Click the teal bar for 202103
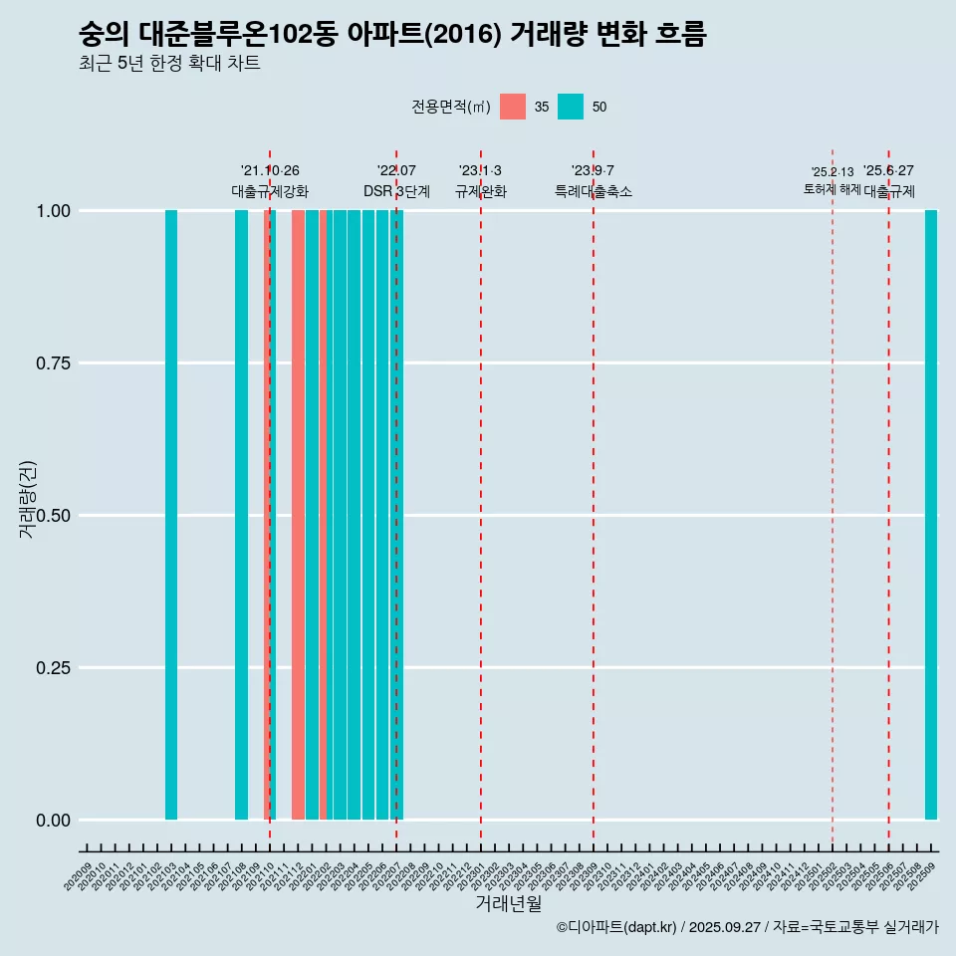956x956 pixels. pos(171,515)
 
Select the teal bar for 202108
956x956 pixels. pos(241,515)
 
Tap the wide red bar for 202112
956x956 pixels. pos(298,515)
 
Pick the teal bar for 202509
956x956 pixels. pos(931,515)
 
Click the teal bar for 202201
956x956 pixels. pos(313,515)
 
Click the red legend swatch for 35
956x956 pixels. pos(513,107)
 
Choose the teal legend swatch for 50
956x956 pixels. pos(571,107)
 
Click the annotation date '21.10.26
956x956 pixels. pos(270,171)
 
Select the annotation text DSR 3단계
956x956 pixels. pos(396,191)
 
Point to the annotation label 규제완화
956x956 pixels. pos(481,191)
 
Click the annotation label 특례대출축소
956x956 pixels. pos(594,191)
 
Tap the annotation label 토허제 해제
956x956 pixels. pos(833,189)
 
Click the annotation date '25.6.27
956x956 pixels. pos(888,171)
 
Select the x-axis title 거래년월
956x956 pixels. pos(509,903)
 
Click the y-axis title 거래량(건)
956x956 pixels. pos(28,499)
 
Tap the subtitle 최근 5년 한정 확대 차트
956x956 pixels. pos(169,64)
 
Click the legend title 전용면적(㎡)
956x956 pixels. pos(450,107)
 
